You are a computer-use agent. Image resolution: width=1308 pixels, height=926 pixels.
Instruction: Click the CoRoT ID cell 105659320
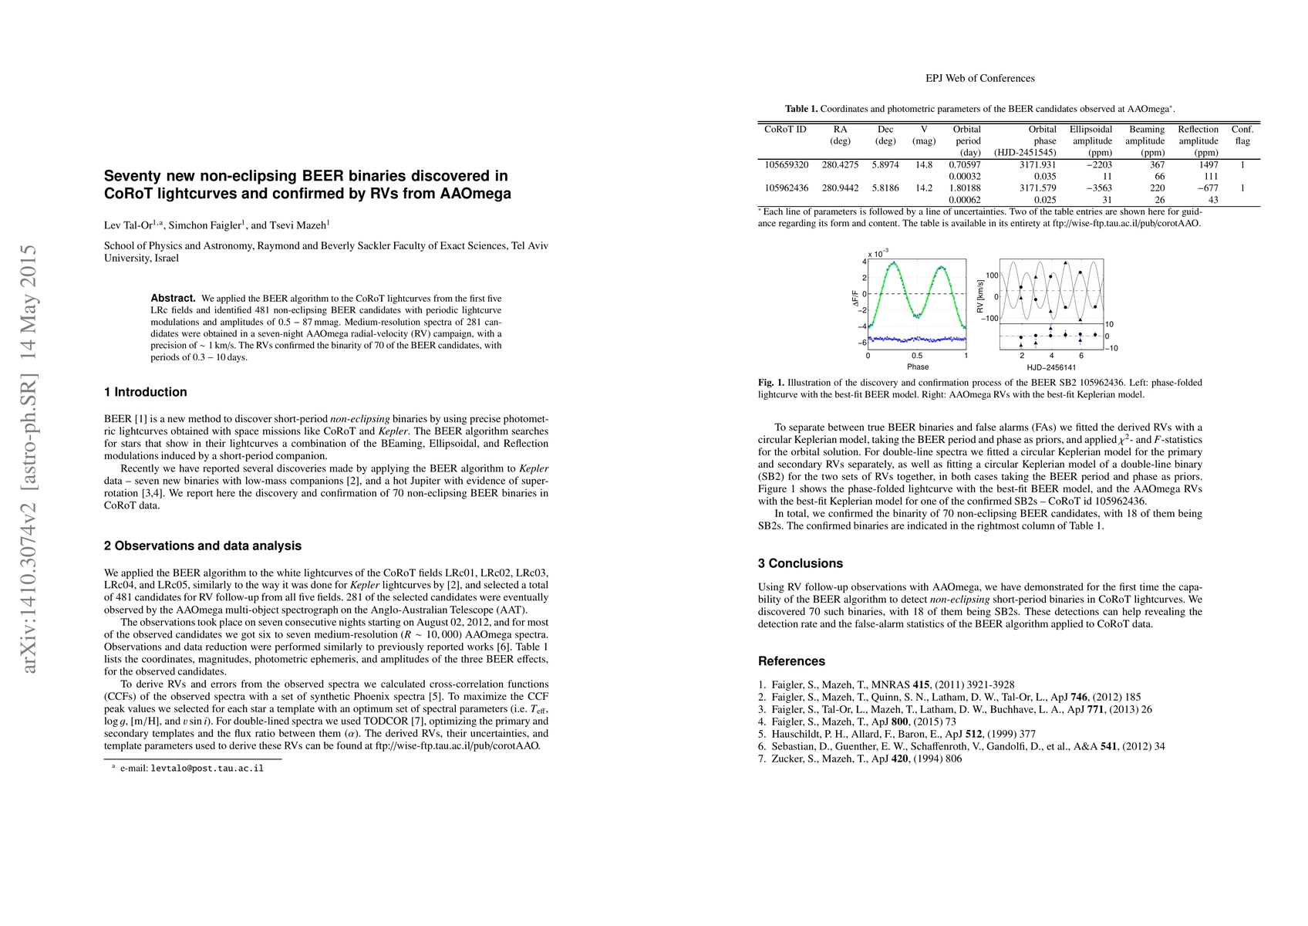[x=786, y=164]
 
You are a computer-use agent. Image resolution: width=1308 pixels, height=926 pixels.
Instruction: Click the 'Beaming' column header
[x=1146, y=130]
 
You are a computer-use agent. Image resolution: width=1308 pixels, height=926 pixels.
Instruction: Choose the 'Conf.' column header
[x=1242, y=130]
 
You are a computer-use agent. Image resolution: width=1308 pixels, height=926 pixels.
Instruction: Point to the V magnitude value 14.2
[x=923, y=188]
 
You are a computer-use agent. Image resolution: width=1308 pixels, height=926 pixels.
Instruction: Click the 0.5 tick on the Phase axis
[x=917, y=356]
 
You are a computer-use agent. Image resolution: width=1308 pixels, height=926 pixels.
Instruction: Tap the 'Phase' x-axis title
[x=918, y=367]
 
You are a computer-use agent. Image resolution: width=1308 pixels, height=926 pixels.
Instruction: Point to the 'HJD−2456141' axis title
[x=1050, y=368]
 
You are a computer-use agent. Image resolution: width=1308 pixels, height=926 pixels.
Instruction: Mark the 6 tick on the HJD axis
[x=1080, y=356]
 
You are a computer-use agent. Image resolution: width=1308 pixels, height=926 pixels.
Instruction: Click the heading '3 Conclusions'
[x=800, y=563]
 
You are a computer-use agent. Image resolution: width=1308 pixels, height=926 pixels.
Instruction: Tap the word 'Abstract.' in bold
[x=173, y=298]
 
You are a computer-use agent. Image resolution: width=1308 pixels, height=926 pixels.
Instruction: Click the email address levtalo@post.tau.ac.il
[x=207, y=769]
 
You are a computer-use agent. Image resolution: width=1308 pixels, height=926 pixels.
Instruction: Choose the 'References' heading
[x=791, y=661]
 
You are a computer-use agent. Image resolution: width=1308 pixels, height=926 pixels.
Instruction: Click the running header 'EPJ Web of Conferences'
[x=979, y=78]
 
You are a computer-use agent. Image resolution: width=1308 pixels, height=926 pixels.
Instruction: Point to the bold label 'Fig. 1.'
[x=770, y=383]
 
